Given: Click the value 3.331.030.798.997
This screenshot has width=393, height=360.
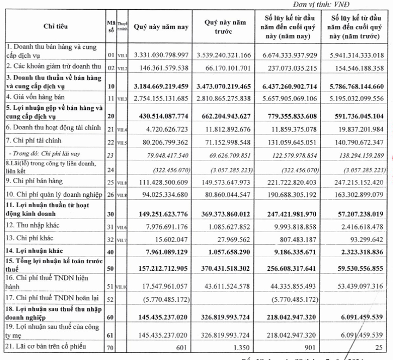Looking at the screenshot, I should pos(165,55).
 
